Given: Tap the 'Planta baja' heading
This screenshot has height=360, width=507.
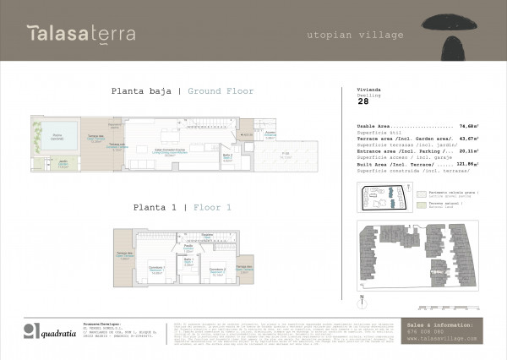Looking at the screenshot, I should pos(145,91).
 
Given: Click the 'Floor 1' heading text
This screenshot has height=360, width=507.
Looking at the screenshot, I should pos(212,207).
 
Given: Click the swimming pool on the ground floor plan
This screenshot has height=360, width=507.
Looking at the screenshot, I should pos(57,137).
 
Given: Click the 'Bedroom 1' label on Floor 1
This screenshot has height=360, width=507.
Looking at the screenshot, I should pos(156,270).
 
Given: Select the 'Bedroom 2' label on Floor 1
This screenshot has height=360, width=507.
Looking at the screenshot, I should pos(215,271).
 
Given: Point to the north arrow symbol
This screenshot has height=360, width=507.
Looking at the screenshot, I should pos(362,297).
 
